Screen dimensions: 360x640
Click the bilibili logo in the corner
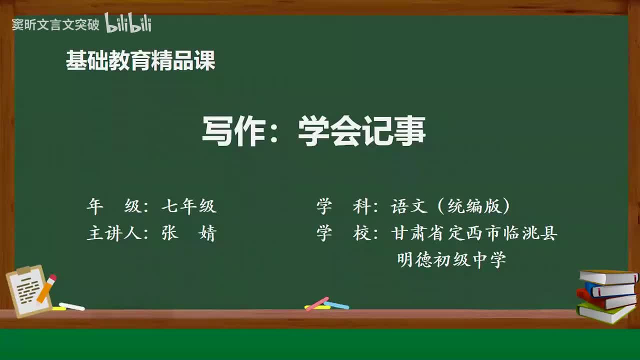tap(128, 23)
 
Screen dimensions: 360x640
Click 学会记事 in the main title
tap(361, 131)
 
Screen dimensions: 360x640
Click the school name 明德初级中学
tap(451, 260)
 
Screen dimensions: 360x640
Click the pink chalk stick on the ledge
tap(317, 303)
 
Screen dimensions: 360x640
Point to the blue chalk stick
tap(336, 305)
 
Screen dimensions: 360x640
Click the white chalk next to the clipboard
tap(72, 306)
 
